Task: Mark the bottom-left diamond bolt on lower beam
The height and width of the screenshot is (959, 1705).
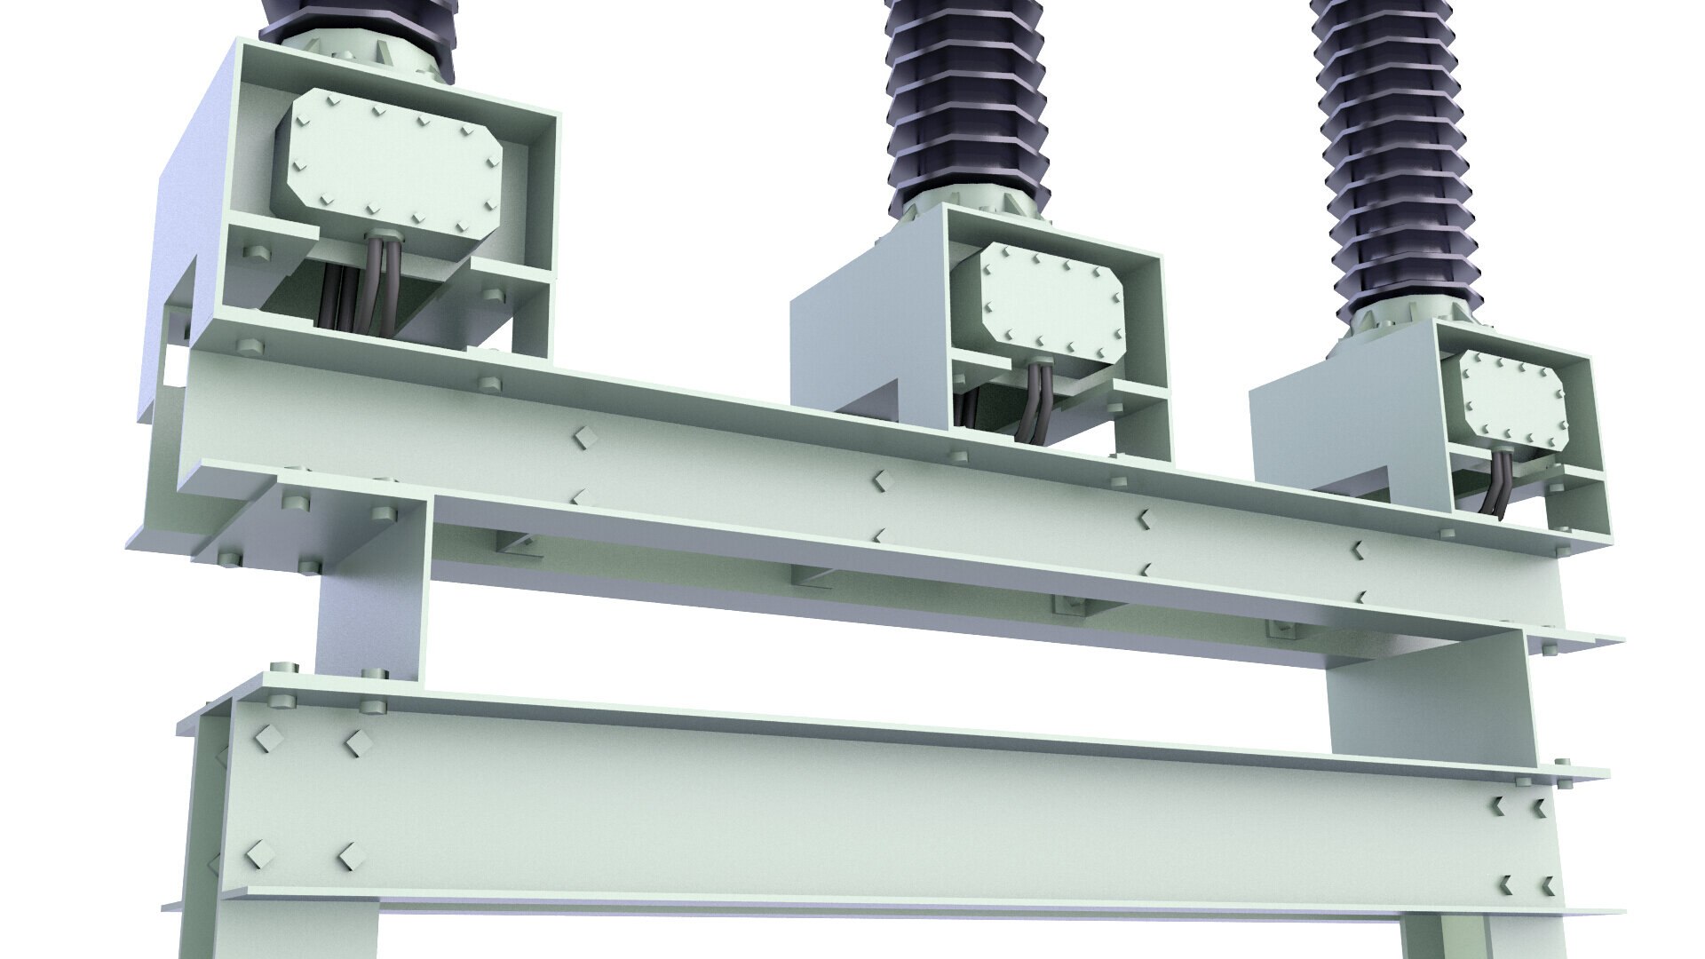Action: tap(258, 854)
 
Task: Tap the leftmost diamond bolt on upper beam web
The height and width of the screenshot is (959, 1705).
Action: tap(583, 437)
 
